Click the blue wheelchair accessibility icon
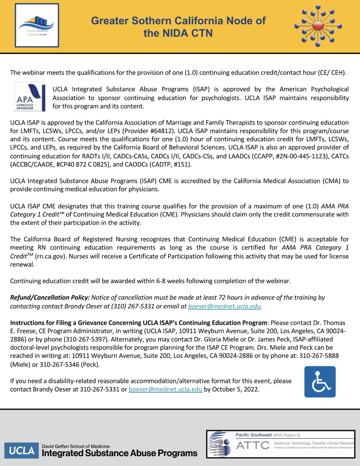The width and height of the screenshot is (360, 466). pyautogui.click(x=320, y=382)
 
